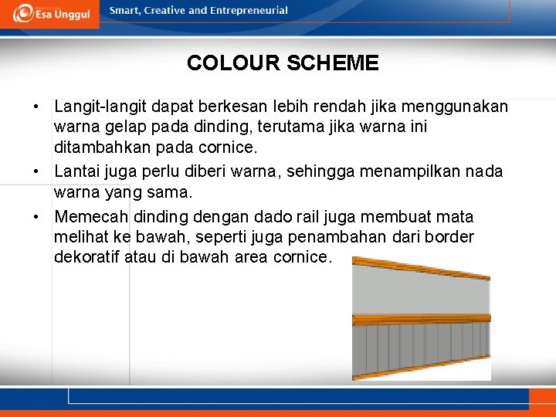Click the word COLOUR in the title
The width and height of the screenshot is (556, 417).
point(233,63)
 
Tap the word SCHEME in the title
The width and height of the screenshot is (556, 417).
point(333,63)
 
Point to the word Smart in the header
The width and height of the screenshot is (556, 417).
point(125,11)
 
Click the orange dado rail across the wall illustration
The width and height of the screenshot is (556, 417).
point(421,319)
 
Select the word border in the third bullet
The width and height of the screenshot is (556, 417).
point(451,237)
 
